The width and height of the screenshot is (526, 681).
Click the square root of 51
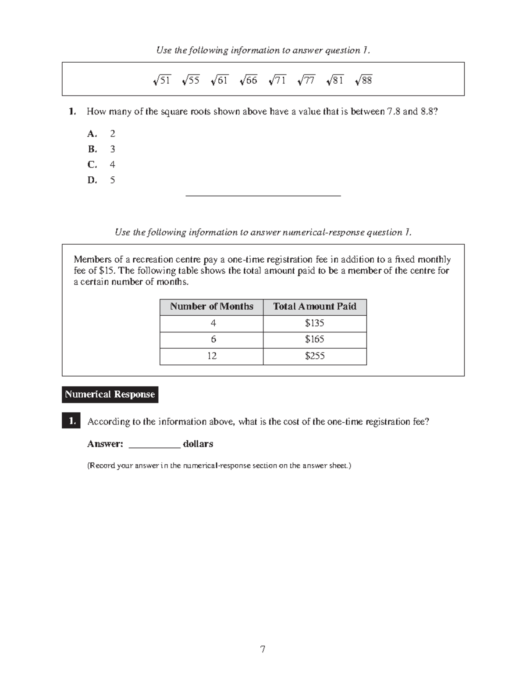[x=162, y=80]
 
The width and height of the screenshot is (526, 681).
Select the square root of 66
[x=249, y=80]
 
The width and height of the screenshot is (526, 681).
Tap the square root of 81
[x=335, y=80]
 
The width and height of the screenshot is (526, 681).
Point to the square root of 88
[x=364, y=80]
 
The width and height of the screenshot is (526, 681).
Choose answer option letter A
[x=92, y=134]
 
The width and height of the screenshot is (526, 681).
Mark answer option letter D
[x=92, y=180]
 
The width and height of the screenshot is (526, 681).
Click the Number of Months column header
[x=211, y=307]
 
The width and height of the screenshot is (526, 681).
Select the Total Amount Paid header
[x=315, y=307]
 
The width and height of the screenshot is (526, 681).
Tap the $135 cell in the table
[x=315, y=323]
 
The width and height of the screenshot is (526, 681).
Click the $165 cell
[x=315, y=339]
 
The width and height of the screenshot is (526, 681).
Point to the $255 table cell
[x=315, y=356]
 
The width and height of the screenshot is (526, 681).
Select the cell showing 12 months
[x=212, y=356]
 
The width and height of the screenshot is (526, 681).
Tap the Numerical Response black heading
[x=110, y=394]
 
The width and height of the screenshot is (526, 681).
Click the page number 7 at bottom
[x=263, y=649]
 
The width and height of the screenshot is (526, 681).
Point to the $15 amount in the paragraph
[x=106, y=271]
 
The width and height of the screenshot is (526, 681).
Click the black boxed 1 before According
[x=71, y=421]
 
